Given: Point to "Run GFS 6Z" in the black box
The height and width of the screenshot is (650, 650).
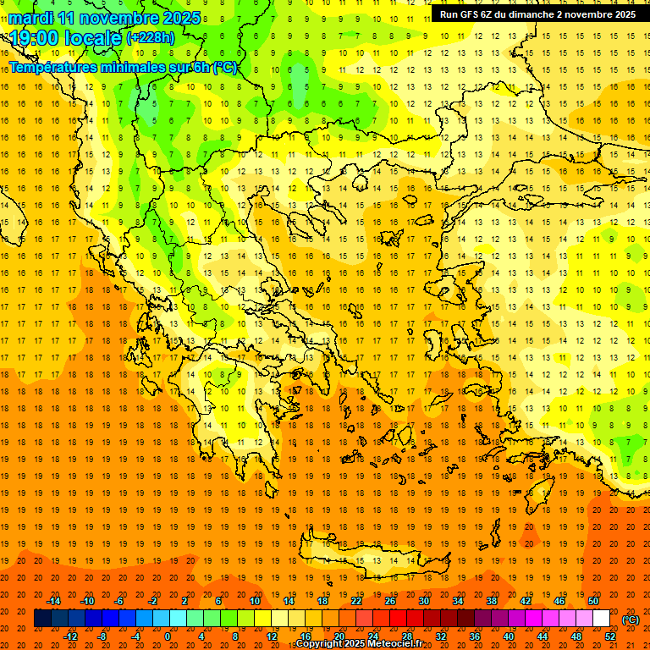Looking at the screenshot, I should tap(469, 14).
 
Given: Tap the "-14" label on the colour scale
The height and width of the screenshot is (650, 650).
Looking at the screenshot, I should tap(53, 601).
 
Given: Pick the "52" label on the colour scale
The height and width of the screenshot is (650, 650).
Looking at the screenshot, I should tap(610, 636).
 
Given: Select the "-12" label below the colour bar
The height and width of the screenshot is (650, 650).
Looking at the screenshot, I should tap(70, 636).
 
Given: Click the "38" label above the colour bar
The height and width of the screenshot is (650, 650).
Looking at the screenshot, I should tap(491, 601).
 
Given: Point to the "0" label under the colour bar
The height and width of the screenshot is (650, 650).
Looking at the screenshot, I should tap(168, 636).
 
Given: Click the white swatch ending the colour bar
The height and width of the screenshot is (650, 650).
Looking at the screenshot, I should tap(601, 619).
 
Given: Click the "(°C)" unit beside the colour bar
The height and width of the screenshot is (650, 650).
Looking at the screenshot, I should tap(631, 620).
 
